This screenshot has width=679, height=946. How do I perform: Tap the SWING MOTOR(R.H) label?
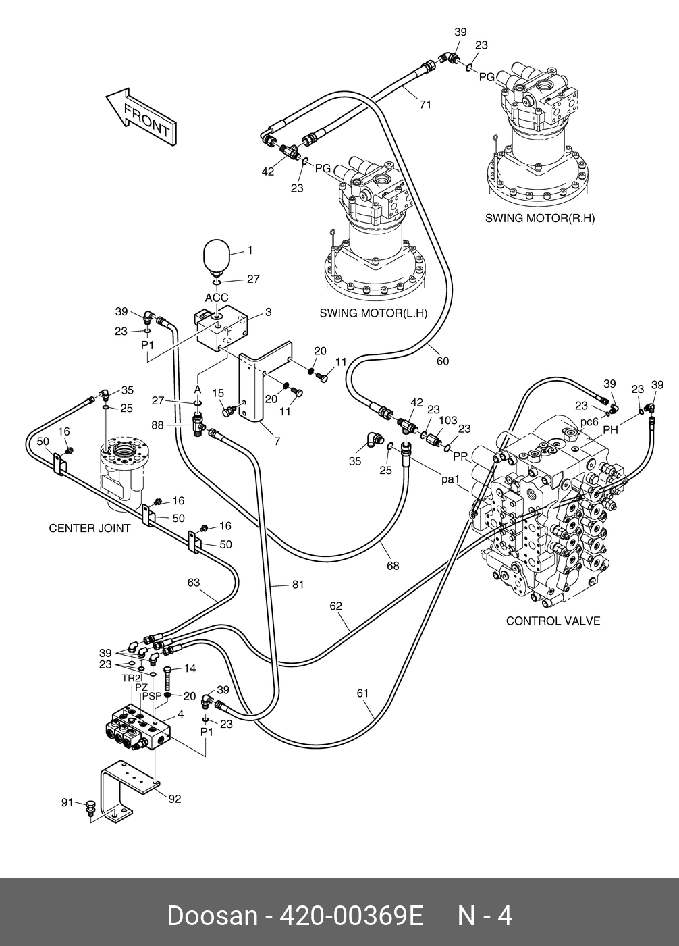tap(540, 219)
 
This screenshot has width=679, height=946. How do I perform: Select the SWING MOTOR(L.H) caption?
tap(373, 313)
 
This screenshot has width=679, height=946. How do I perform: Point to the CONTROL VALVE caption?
tap(553, 621)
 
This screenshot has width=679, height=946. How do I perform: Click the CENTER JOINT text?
tap(90, 528)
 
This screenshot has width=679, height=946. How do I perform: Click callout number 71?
tap(425, 105)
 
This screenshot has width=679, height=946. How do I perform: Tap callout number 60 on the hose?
tap(443, 361)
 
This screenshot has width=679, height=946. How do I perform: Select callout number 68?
tap(393, 566)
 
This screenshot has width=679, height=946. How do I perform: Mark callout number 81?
tap(298, 585)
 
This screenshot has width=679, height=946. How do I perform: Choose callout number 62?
tap(335, 606)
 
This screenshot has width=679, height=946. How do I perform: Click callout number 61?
tap(362, 692)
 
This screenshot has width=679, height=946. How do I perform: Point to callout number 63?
tap(194, 582)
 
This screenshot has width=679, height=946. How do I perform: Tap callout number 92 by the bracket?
tap(175, 799)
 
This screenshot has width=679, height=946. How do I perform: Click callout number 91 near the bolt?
tap(67, 802)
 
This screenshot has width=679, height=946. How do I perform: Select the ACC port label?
tap(217, 298)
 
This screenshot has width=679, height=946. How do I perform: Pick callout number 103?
tap(449, 420)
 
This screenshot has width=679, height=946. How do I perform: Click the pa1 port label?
tap(450, 480)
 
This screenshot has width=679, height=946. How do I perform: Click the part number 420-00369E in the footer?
tap(351, 916)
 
